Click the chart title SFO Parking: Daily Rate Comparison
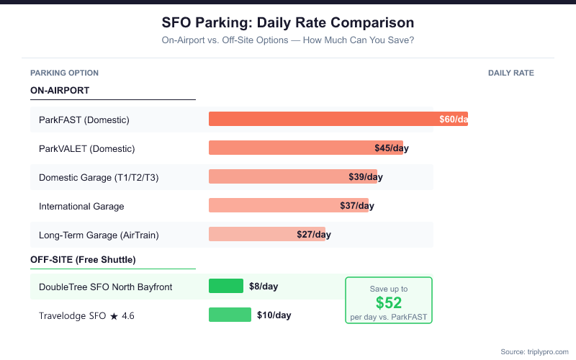click(288, 23)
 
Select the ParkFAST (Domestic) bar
click(324, 119)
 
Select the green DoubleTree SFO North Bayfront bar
click(226, 286)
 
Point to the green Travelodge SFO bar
click(230, 315)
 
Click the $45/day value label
click(392, 148)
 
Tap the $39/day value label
click(366, 176)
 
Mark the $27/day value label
click(314, 234)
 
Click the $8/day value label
click(264, 286)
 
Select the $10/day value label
click(274, 315)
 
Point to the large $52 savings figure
click(389, 302)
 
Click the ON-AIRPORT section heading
click(60, 90)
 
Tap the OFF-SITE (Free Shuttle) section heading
click(83, 259)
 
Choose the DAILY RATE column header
click(511, 73)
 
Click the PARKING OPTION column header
click(64, 73)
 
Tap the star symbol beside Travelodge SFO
click(113, 315)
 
